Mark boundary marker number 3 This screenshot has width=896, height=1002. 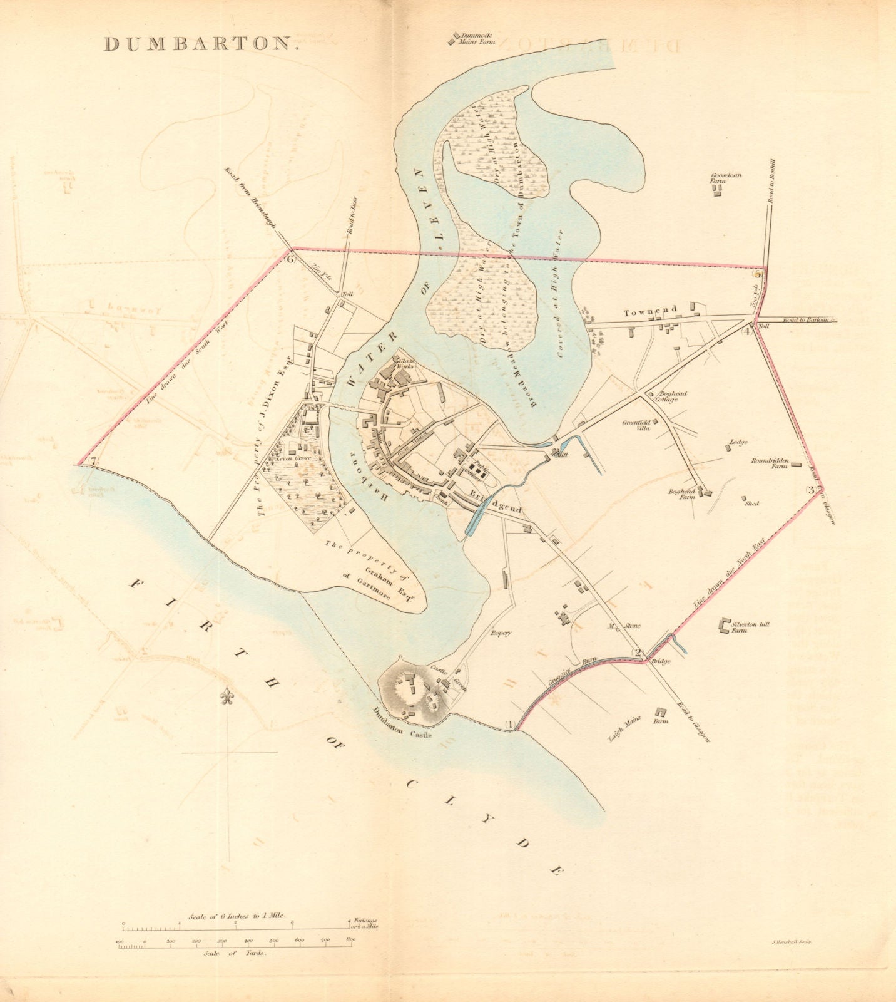810,490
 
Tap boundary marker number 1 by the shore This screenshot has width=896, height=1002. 509,725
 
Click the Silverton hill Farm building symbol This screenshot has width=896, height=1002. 725,625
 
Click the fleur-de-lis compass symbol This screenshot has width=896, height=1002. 228,697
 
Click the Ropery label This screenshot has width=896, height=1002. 501,633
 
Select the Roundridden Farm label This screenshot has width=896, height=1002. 769,463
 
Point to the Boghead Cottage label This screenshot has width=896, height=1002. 671,396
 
